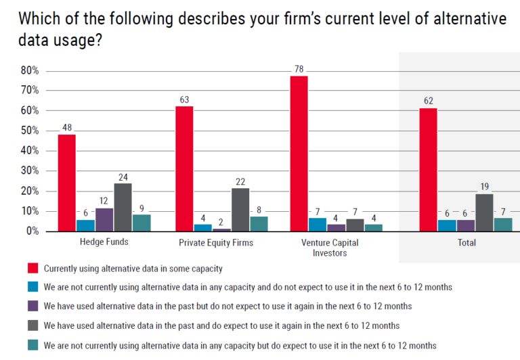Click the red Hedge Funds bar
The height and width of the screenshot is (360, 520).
click(x=66, y=183)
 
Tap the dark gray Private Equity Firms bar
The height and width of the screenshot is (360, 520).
click(x=240, y=210)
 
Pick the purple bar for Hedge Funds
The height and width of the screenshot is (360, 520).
click(x=104, y=220)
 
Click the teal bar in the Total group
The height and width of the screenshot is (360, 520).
click(x=503, y=225)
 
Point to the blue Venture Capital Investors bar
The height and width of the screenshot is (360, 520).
click(x=318, y=225)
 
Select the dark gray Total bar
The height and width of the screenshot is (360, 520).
click(x=485, y=213)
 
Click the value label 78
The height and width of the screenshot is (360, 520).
click(x=299, y=68)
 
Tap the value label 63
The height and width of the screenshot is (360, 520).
click(x=184, y=99)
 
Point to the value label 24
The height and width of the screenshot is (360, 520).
click(x=123, y=177)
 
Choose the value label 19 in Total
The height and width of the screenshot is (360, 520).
click(x=485, y=187)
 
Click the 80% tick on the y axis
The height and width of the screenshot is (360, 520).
click(x=30, y=71)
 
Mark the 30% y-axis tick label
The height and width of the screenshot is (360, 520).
click(x=30, y=171)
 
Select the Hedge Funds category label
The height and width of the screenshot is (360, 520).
click(x=95, y=242)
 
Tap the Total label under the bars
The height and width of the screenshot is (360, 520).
click(x=467, y=242)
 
